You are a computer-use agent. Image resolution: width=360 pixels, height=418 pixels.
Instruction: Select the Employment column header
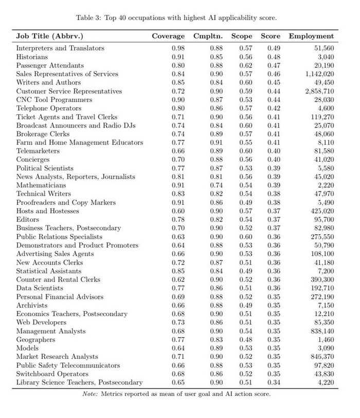[x=311, y=36]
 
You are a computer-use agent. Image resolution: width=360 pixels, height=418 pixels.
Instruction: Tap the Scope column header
[x=242, y=36]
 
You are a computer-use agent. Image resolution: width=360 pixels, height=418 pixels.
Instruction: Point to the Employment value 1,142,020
[x=316, y=74]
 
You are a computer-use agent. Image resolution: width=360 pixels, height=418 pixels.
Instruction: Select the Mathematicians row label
[x=41, y=184]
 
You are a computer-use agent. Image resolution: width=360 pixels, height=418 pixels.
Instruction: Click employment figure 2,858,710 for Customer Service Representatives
[x=316, y=91]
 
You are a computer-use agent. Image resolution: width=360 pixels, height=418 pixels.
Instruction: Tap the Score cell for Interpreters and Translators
[x=271, y=48]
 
